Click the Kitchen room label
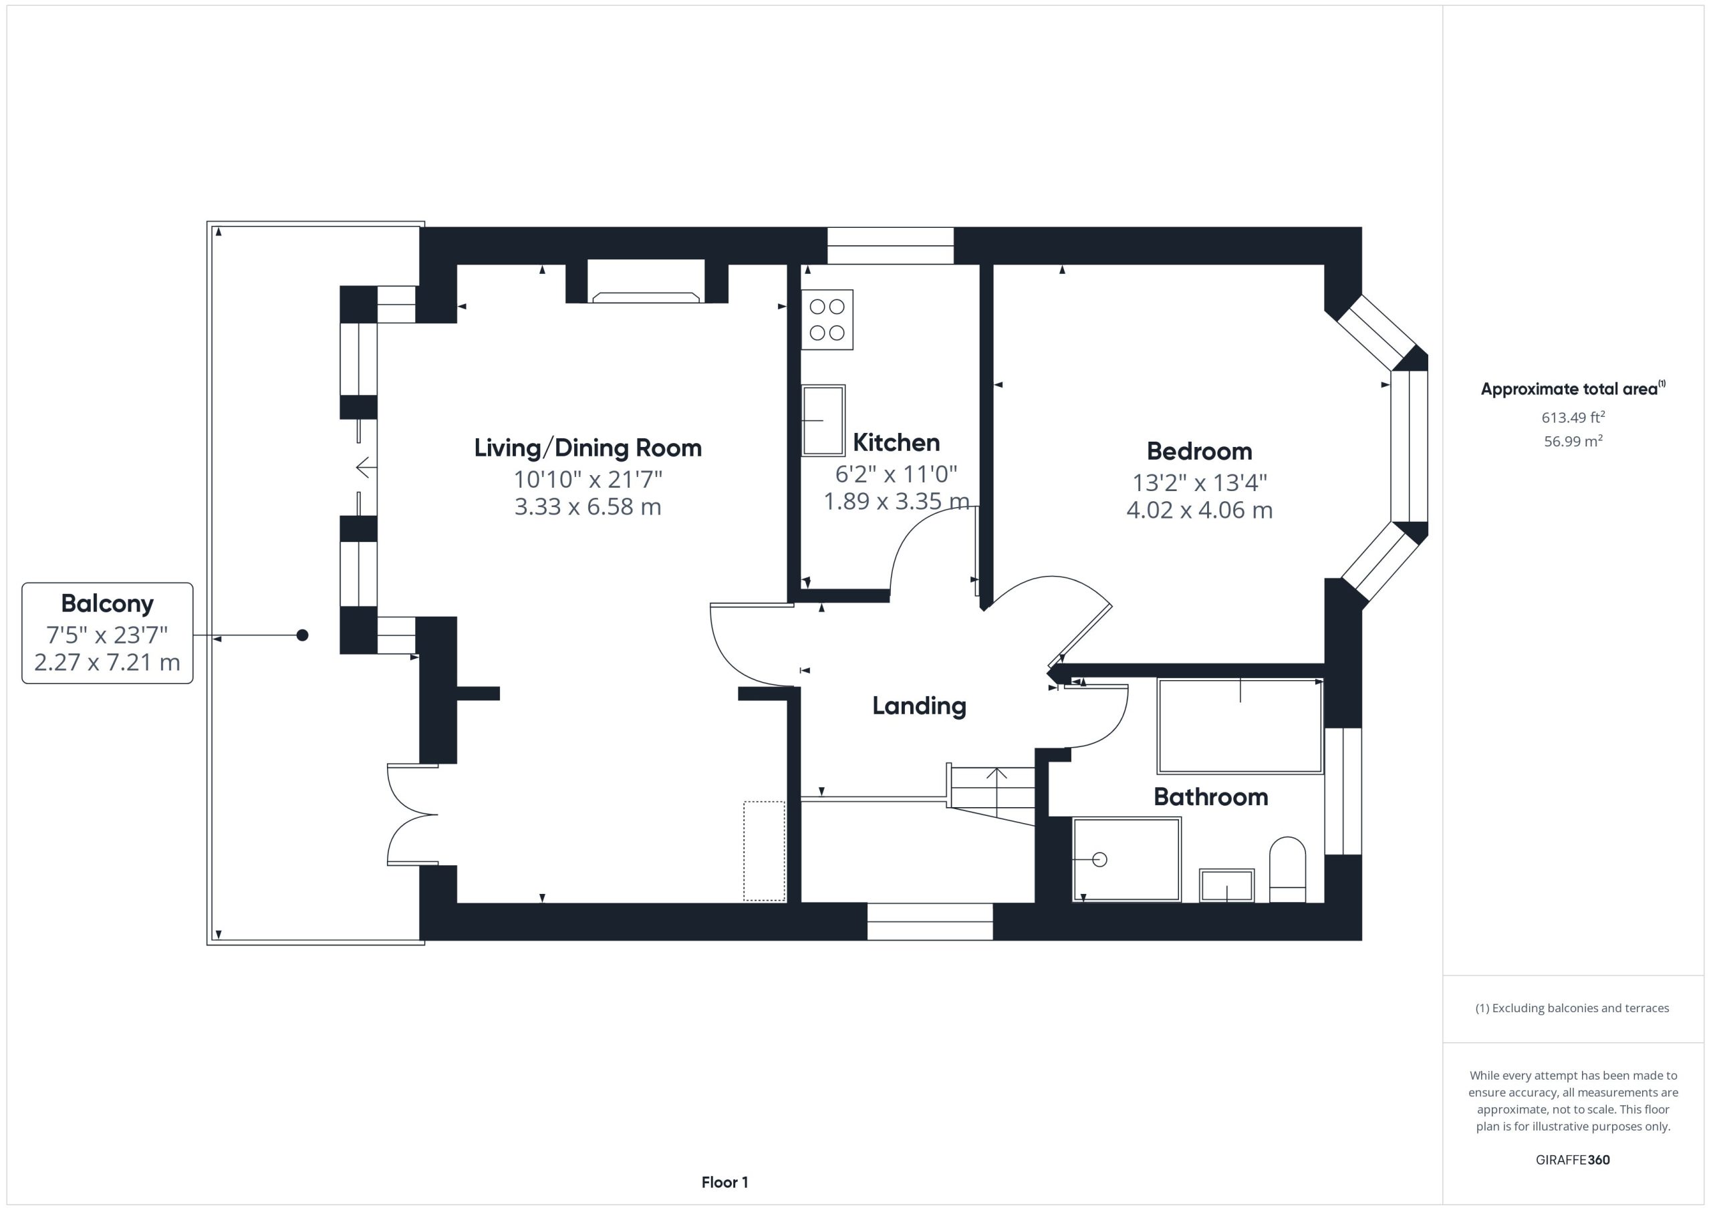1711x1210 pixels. (896, 442)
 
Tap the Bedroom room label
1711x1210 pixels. (1199, 452)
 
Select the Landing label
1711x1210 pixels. (919, 706)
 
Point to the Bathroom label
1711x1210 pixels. (1211, 797)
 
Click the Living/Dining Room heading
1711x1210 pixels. (588, 448)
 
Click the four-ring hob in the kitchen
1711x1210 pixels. (827, 319)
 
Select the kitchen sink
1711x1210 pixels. (823, 420)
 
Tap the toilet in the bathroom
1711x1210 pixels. (1287, 869)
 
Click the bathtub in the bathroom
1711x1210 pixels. (1240, 726)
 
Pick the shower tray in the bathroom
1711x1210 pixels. (1127, 859)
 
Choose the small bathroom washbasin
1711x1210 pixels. (1226, 886)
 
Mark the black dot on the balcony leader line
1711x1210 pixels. (303, 635)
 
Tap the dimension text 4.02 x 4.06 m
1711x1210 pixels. (1199, 510)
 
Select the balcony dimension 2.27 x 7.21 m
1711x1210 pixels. (108, 662)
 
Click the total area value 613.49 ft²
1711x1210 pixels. (1573, 416)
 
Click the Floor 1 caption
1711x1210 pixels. (725, 1183)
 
